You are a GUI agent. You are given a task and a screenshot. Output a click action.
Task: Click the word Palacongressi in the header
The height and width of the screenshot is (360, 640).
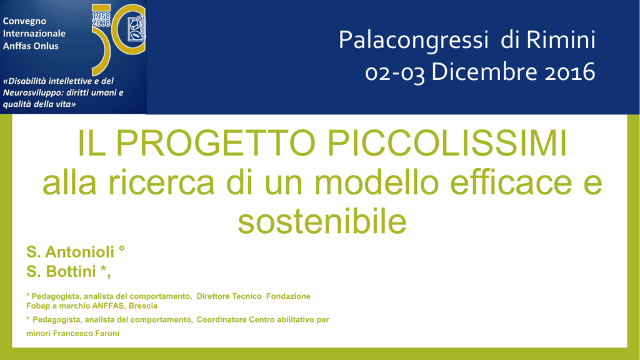413,41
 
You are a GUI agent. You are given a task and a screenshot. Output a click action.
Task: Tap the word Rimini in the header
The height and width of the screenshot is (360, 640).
561,39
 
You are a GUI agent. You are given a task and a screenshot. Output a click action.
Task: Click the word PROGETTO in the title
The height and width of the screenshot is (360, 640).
216,143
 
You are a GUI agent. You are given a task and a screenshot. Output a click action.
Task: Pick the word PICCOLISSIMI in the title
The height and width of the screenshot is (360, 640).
447,143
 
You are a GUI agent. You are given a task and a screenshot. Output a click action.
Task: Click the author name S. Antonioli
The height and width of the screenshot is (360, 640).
70,252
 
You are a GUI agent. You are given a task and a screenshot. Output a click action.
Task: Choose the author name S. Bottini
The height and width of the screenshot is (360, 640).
61,271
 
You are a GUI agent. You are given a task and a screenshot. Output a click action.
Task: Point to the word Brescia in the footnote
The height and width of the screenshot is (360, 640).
143,306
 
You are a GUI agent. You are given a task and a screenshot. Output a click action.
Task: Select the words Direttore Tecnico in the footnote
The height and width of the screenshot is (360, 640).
229,296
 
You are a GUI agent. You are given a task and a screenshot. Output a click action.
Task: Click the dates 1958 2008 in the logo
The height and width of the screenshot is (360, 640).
101,19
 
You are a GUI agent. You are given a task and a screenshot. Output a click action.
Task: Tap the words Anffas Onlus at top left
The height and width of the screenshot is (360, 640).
31,46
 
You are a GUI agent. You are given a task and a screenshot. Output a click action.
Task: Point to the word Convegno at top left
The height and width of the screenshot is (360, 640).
24,21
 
